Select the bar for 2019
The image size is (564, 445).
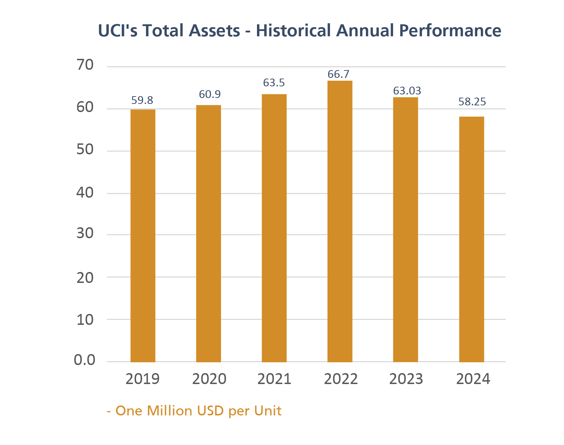tap(143, 236)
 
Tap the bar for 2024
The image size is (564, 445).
tap(471, 239)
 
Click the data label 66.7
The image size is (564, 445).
tap(338, 74)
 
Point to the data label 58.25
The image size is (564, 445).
tap(472, 102)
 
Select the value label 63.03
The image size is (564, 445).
tap(407, 91)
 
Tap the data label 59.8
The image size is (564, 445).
tap(142, 100)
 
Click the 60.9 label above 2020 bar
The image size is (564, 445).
tap(210, 94)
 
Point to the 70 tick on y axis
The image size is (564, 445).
tap(85, 65)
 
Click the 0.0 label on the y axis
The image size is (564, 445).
tap(85, 360)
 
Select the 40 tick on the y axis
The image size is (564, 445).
tap(85, 193)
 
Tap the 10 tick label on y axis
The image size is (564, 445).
tap(85, 320)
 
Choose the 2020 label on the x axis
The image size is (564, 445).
tap(209, 379)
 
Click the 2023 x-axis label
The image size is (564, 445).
tap(406, 379)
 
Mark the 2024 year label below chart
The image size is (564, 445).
tap(473, 379)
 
